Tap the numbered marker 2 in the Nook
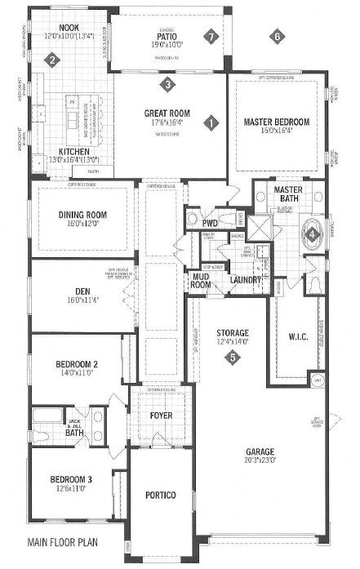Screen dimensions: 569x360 pyautogui.click(x=51, y=60)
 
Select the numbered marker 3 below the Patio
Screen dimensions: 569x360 pyautogui.click(x=167, y=83)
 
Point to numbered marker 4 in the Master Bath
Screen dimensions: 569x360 pyautogui.click(x=312, y=233)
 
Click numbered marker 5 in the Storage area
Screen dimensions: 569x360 pyautogui.click(x=233, y=357)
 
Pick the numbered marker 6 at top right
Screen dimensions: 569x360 pyautogui.click(x=278, y=37)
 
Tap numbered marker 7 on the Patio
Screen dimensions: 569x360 pyautogui.click(x=211, y=37)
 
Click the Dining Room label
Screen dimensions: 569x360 pyautogui.click(x=82, y=215)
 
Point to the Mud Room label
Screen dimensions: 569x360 pyautogui.click(x=202, y=282)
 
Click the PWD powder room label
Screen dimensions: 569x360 pyautogui.click(x=210, y=220)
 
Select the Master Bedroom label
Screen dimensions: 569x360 pyautogui.click(x=277, y=122)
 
